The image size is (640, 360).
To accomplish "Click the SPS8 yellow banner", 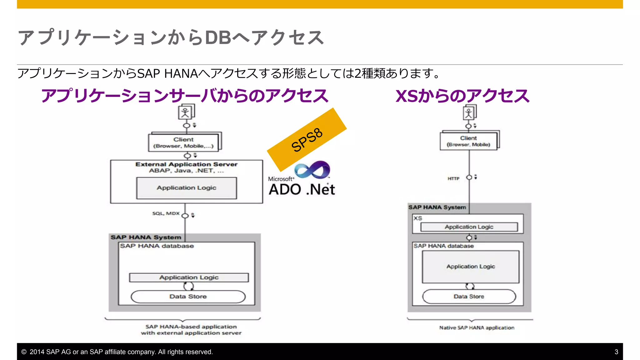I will pyautogui.click(x=307, y=139).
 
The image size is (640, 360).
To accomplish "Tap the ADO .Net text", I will pyautogui.click(x=302, y=189).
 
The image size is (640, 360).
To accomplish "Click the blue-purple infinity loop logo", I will pyautogui.click(x=312, y=170).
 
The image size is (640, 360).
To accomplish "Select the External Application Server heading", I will pyautogui.click(x=186, y=164).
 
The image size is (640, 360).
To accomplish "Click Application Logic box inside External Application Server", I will pyautogui.click(x=187, y=188).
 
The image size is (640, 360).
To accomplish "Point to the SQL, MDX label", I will pyautogui.click(x=166, y=213).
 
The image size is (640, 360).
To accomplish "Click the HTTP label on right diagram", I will pyautogui.click(x=453, y=178).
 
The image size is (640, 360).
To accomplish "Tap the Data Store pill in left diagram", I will pyautogui.click(x=188, y=296).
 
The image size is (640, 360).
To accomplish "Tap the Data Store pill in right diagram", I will pyautogui.click(x=469, y=296).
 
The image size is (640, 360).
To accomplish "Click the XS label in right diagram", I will pyautogui.click(x=418, y=218).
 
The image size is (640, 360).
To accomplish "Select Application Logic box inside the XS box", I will pyautogui.click(x=469, y=227).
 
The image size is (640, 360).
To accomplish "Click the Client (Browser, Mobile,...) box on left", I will pyautogui.click(x=183, y=142).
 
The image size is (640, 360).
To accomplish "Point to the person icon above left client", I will pyautogui.click(x=185, y=112).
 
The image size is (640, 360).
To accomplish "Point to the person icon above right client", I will pyautogui.click(x=469, y=113).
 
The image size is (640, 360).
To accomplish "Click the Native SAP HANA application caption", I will pyautogui.click(x=477, y=327).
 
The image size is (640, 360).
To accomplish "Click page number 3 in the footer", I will pyautogui.click(x=616, y=352).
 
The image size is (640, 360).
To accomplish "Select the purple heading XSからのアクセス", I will pyautogui.click(x=462, y=96).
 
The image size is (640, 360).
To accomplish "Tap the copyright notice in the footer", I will pyautogui.click(x=117, y=352).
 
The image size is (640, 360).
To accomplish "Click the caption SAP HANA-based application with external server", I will pyautogui.click(x=191, y=330).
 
